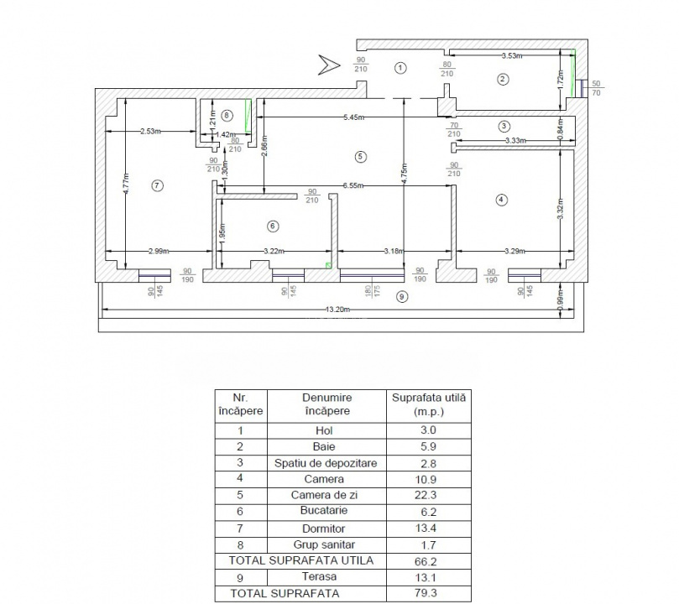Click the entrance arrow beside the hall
click(326, 64)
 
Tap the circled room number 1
click(401, 67)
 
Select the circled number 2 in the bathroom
click(502, 80)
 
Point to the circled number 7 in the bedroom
click(156, 185)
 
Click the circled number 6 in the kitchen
click(271, 226)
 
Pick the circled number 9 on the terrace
click(401, 296)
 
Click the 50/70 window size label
click(597, 89)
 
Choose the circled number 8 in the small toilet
click(226, 115)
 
